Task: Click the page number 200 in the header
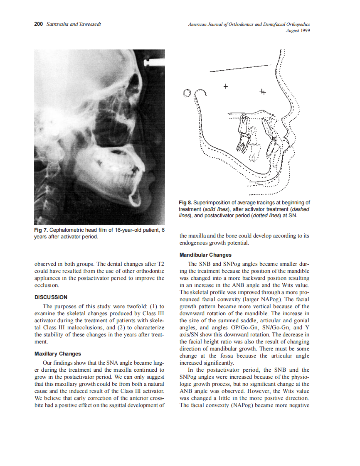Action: (x=38, y=24)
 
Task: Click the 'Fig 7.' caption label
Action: (x=41, y=230)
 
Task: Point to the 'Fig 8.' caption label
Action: (x=185, y=203)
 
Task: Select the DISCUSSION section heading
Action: (x=50, y=297)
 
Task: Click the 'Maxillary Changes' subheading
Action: (x=57, y=354)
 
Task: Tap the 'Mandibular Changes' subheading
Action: (x=205, y=255)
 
